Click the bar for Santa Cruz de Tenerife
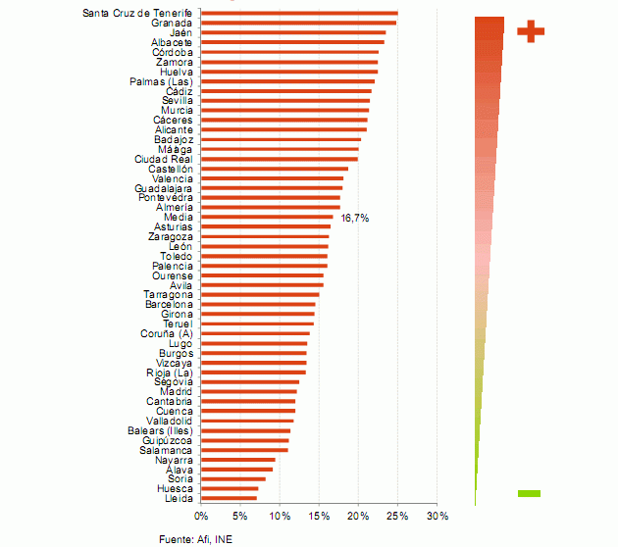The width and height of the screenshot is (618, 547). pos(299,13)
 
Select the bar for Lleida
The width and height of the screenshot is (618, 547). pos(229,498)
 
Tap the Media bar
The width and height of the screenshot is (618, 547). pos(267,217)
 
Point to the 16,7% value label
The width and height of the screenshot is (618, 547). pos(354,218)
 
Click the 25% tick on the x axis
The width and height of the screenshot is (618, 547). pos(397,516)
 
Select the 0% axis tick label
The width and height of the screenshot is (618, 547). pos(201,516)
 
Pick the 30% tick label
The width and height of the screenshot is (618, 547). pos(437,516)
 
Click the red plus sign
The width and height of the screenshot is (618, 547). pos(530,31)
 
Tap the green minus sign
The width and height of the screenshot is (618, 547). pos(529,493)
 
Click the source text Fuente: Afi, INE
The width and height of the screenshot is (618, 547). pos(196,538)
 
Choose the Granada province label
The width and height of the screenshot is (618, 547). pos(173,23)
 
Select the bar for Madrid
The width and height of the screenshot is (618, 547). pos(248,391)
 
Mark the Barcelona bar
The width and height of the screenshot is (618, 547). pos(258,304)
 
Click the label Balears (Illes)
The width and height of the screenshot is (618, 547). pos(160,430)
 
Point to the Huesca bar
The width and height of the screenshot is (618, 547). pos(230,488)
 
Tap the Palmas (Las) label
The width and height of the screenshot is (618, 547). pos(161,81)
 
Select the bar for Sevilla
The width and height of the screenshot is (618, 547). pos(285,100)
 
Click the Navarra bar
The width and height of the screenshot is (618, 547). pos(238,459)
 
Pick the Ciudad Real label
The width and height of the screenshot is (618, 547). pos(164,159)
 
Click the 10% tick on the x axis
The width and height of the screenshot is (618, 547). pos(280,516)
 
